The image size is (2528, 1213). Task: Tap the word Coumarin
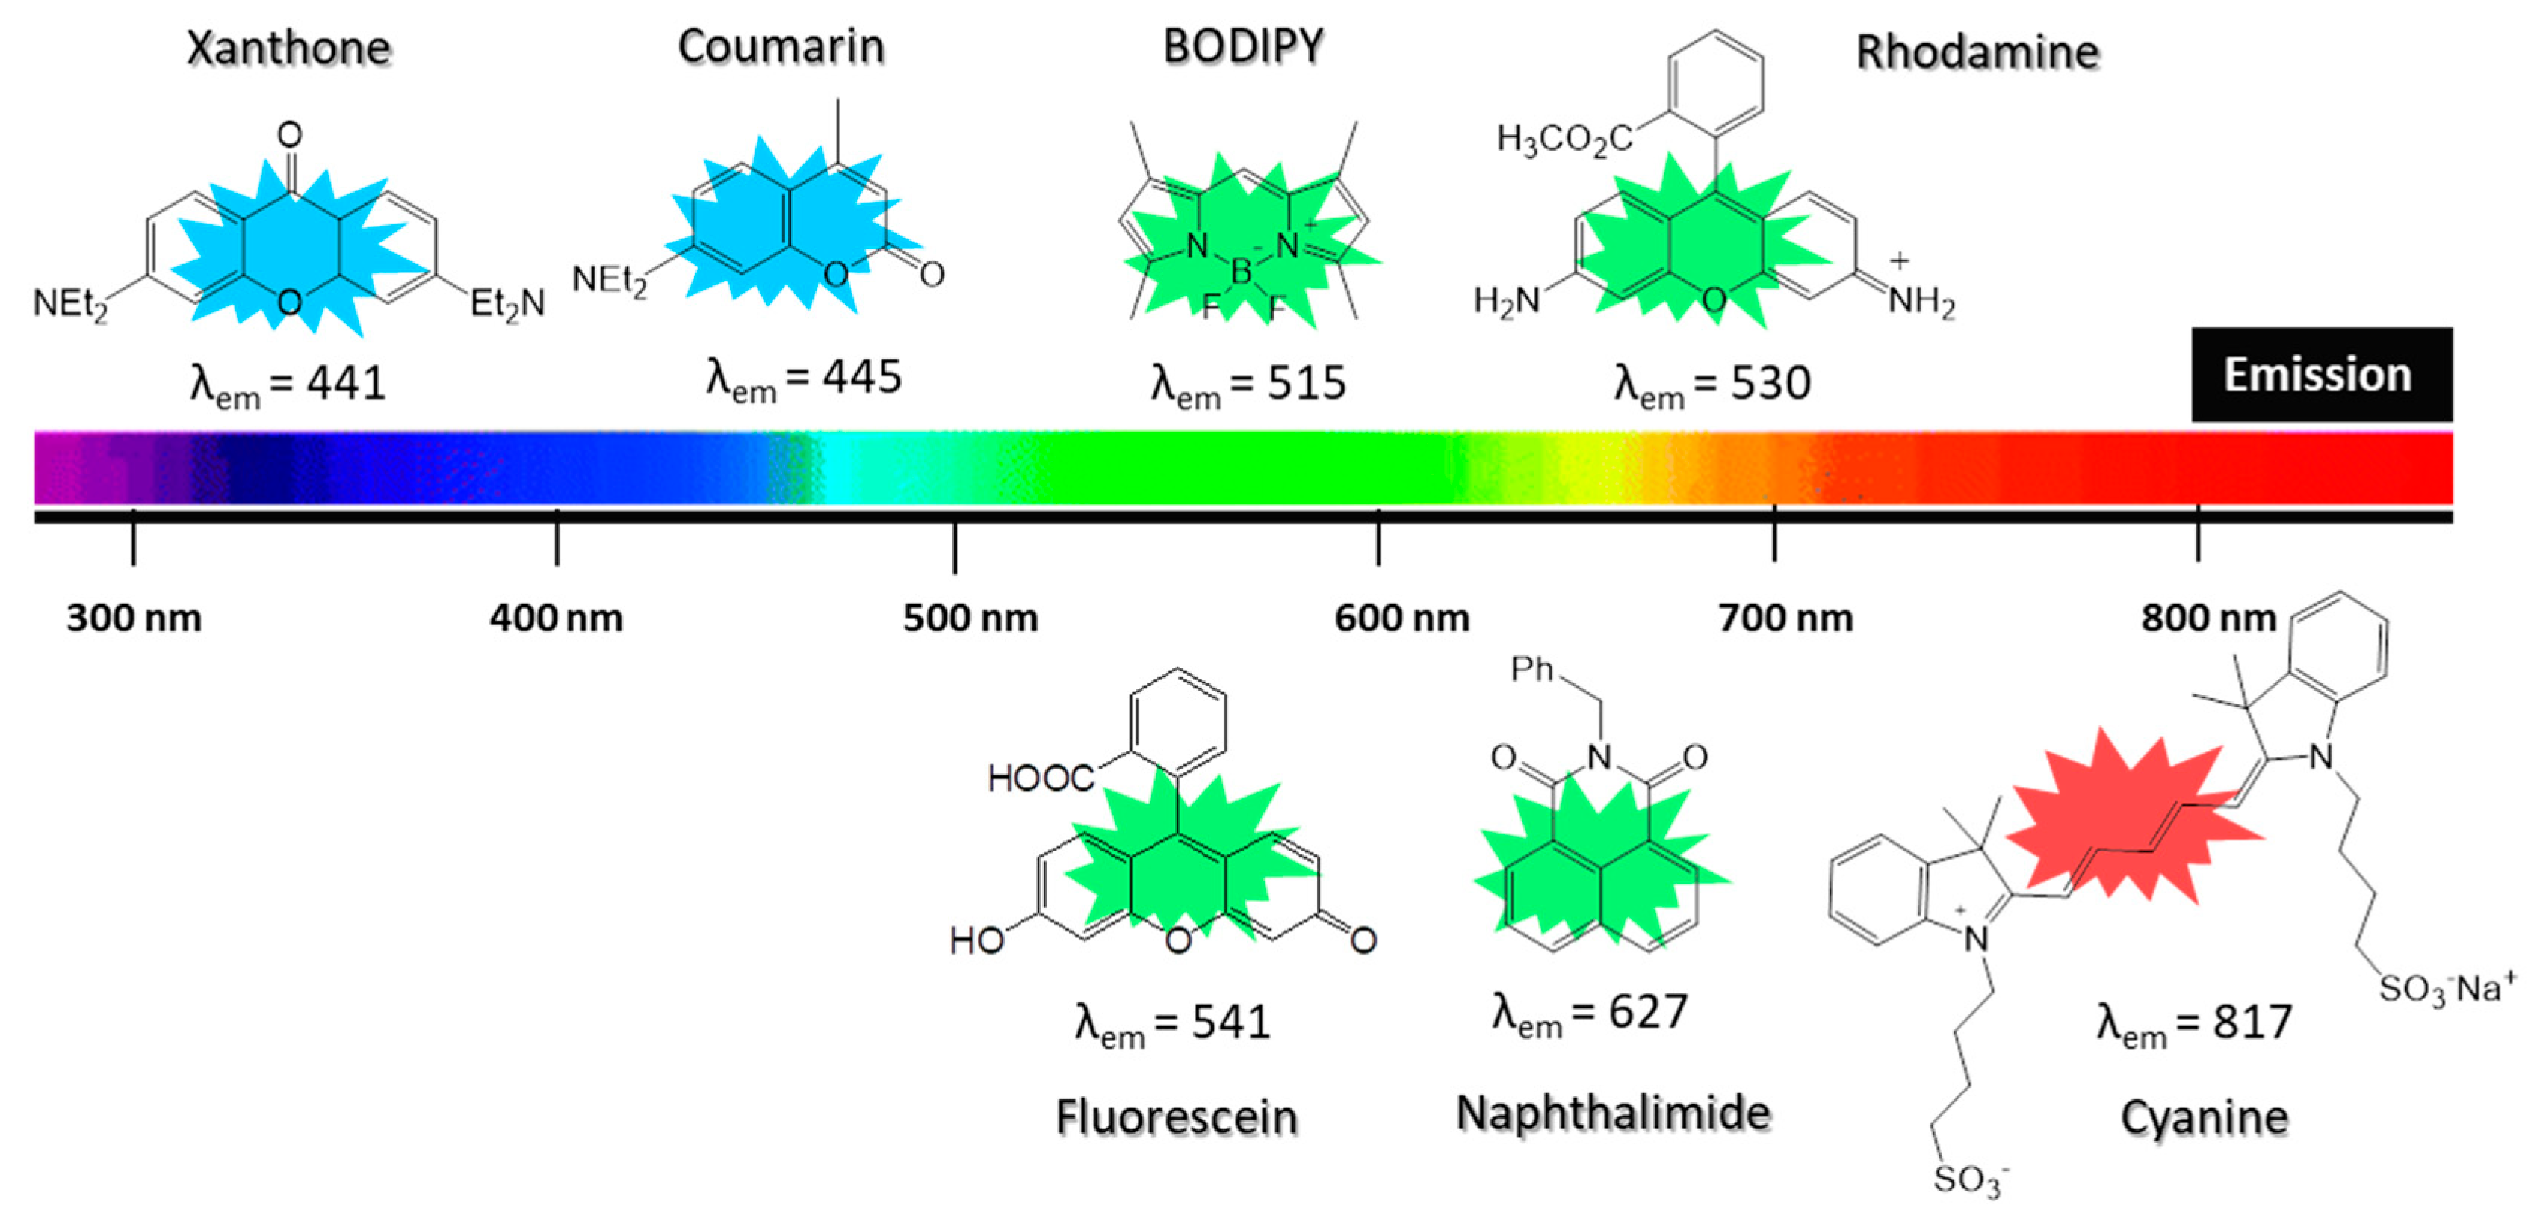point(781,46)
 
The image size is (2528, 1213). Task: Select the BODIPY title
point(1243,46)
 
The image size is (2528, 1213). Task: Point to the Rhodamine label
point(1977,52)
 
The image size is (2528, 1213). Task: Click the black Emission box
point(2321,375)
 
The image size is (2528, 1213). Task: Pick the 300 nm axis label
point(134,618)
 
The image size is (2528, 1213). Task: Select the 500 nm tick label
point(970,618)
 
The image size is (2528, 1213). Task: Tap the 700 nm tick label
point(1786,618)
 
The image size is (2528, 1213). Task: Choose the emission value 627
point(1648,1012)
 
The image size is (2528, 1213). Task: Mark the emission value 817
point(2252,1023)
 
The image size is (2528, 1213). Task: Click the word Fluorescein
point(1177,1117)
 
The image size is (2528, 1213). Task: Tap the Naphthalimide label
point(1614,1113)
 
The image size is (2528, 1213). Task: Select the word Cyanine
point(2204,1117)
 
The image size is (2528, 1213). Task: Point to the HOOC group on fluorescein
point(1040,778)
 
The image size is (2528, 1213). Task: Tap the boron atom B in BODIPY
point(1242,272)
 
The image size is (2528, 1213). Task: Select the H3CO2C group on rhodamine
point(1564,140)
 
